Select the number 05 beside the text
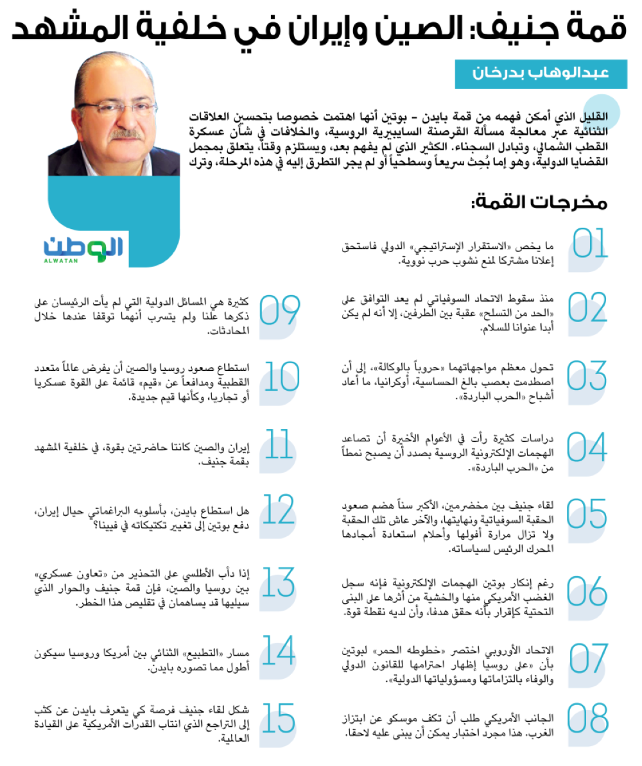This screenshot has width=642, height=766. click(x=587, y=511)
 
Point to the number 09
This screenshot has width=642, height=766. click(x=280, y=311)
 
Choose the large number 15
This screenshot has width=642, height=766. click(x=279, y=719)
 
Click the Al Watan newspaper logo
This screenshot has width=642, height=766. click(x=83, y=247)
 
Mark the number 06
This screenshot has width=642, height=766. click(x=587, y=590)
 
